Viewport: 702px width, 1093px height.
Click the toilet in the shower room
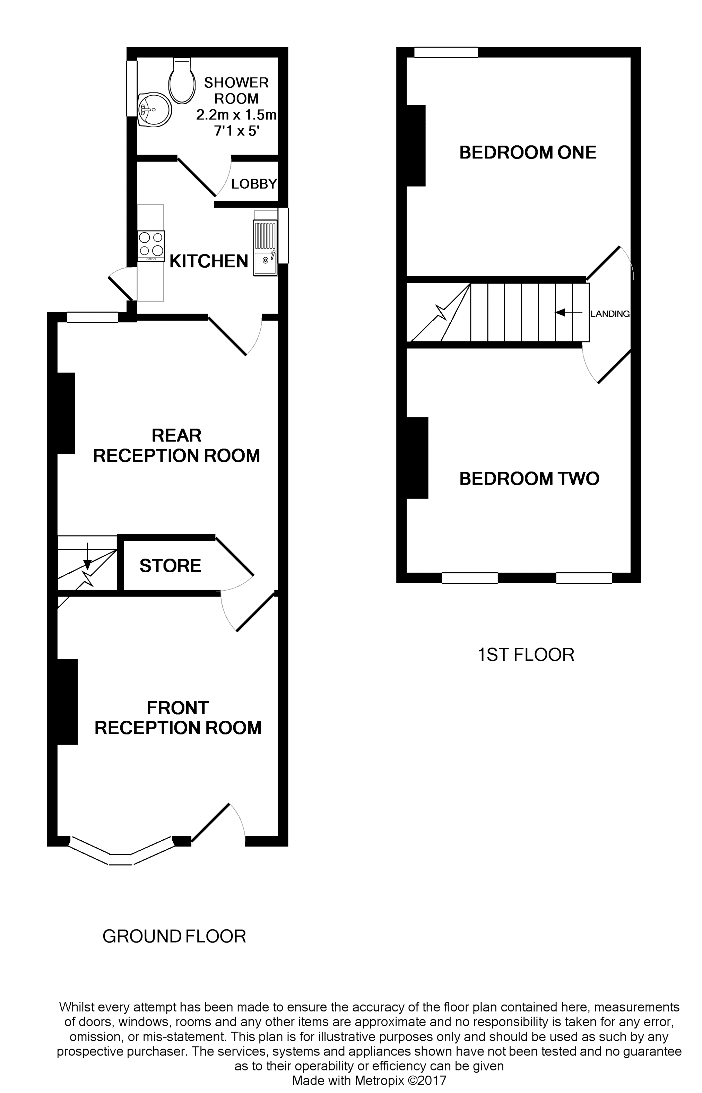tap(182, 81)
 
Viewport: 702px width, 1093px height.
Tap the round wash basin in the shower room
tap(154, 110)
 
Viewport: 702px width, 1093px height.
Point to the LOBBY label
tap(254, 184)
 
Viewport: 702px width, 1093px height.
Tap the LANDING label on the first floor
tap(609, 314)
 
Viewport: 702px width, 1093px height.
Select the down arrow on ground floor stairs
tap(87, 553)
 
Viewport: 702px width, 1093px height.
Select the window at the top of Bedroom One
tap(446, 52)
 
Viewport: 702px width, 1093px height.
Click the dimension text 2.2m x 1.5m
tap(236, 115)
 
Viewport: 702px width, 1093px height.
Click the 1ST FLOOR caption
tap(526, 654)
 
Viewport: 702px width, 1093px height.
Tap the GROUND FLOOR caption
tap(174, 936)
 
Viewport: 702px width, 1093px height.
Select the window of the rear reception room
tap(93, 317)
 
